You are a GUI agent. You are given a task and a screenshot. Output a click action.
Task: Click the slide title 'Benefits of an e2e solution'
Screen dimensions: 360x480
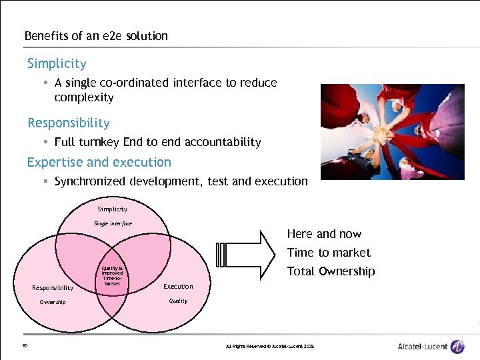pos(96,36)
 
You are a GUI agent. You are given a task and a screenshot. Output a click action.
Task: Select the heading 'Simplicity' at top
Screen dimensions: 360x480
pos(57,64)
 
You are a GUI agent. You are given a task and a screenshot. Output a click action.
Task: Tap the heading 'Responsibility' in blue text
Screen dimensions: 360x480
pos(68,123)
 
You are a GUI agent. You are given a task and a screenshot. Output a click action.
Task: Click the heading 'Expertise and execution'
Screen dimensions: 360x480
pos(99,162)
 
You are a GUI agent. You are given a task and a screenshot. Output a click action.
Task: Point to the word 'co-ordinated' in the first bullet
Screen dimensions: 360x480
pos(137,83)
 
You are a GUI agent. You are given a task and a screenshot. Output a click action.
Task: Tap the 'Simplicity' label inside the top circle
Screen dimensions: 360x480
pos(112,209)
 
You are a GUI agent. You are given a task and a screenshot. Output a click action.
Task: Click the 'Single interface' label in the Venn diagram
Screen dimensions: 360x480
pos(113,223)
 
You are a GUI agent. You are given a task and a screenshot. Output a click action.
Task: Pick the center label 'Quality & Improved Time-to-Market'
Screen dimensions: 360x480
pos(112,275)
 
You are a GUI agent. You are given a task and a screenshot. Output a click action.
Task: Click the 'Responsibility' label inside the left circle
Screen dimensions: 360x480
pos(53,288)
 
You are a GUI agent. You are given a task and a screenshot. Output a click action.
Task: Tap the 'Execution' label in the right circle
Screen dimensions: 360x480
pos(178,287)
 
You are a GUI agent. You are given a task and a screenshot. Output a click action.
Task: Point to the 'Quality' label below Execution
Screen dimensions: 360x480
pos(178,301)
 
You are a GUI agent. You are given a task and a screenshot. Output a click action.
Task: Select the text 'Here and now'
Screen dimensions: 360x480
pos(324,234)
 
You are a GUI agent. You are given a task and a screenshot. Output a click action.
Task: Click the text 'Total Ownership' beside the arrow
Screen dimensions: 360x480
pos(331,271)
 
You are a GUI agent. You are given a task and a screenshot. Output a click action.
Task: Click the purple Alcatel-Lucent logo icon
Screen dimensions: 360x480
pos(457,346)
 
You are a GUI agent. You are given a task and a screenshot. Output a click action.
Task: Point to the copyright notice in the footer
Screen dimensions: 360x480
pos(269,346)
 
